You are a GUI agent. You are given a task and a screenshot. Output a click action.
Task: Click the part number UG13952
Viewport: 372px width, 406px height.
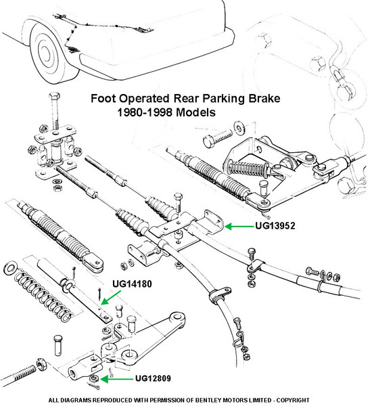click(275, 226)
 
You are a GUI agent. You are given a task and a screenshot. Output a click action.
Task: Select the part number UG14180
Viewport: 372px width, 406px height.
click(132, 284)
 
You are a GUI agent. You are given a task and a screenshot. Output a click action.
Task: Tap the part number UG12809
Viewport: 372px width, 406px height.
click(153, 378)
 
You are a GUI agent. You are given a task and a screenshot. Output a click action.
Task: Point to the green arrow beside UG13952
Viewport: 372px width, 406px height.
click(239, 227)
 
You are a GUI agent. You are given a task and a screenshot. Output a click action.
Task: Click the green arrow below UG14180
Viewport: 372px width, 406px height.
click(111, 298)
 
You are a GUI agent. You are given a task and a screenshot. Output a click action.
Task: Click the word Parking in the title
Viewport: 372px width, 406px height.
click(224, 99)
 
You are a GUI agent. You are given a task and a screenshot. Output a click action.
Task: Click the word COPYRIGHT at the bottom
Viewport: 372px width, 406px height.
click(293, 400)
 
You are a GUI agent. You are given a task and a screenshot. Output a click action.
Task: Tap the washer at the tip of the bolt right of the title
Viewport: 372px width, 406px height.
click(239, 128)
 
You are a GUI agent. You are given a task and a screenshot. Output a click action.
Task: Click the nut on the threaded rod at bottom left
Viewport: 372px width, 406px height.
click(40, 364)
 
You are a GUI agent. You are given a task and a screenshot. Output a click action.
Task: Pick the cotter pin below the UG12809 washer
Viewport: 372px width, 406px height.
click(95, 386)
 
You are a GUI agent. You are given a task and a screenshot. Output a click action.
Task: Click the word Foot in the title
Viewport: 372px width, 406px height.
click(103, 98)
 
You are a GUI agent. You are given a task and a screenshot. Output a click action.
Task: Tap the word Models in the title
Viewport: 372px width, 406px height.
click(195, 112)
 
